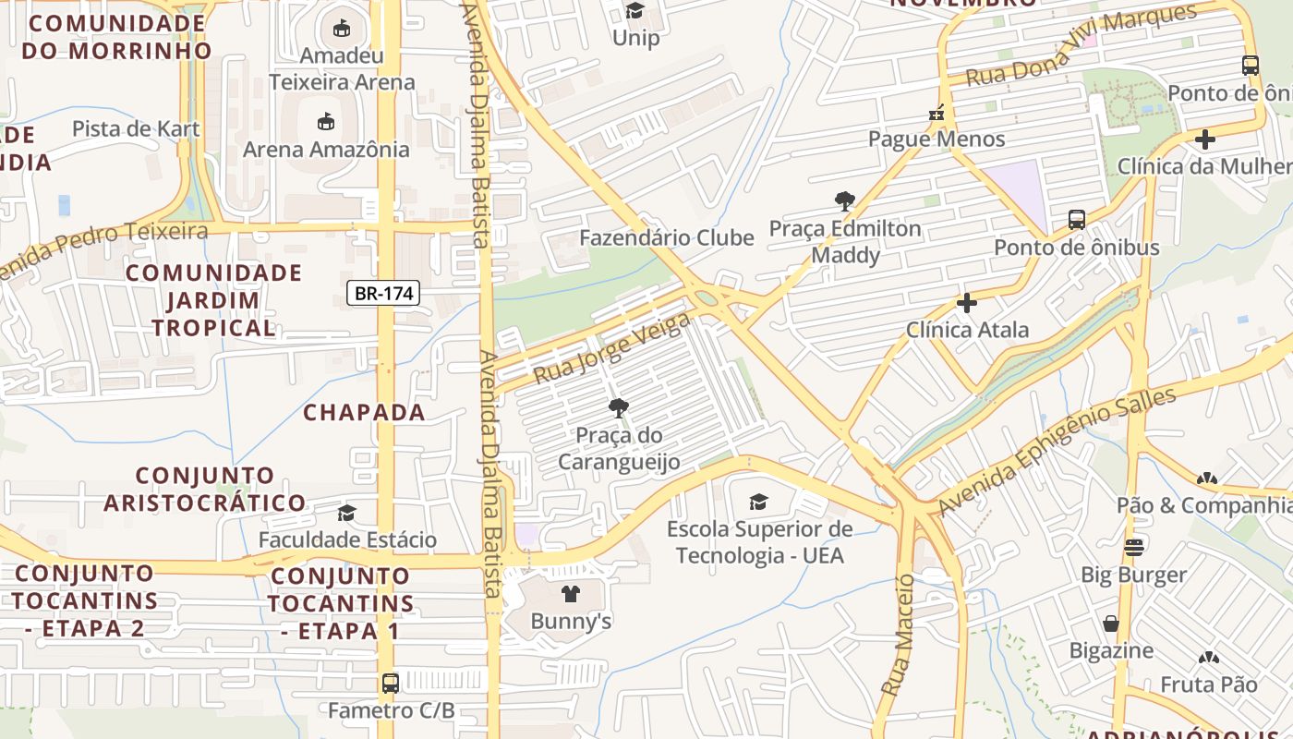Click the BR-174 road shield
pyautogui.click(x=384, y=294)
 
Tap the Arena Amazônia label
pyautogui.click(x=326, y=149)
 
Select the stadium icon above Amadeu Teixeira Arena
pyautogui.click(x=342, y=28)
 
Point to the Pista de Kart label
pyautogui.click(x=136, y=128)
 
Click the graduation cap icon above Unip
pyautogui.click(x=635, y=10)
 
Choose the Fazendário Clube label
pyautogui.click(x=666, y=237)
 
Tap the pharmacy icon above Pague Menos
pyautogui.click(x=937, y=113)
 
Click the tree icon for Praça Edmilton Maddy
pyautogui.click(x=844, y=200)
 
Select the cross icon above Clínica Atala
pyautogui.click(x=966, y=302)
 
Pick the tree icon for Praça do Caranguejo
pyautogui.click(x=618, y=407)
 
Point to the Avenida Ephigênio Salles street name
pyautogui.click(x=1057, y=452)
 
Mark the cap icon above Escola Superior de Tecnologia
pyautogui.click(x=758, y=502)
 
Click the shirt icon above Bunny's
pyautogui.click(x=571, y=594)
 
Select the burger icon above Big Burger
pyautogui.click(x=1133, y=547)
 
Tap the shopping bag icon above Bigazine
pyautogui.click(x=1111, y=624)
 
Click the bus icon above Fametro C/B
pyautogui.click(x=391, y=684)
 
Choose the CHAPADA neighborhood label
pyautogui.click(x=364, y=412)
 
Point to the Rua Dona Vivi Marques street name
pyautogui.click(x=1081, y=44)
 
